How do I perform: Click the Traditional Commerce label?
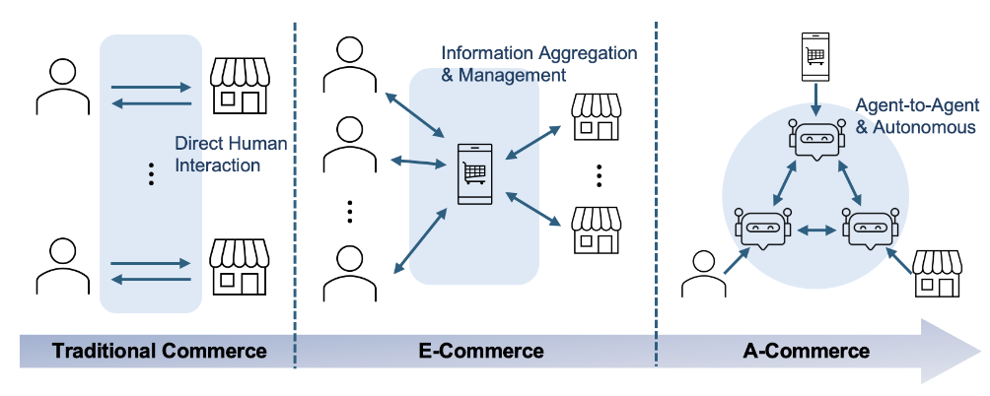point(159,351)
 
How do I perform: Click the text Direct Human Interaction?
point(231,155)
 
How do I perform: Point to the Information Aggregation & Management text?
point(538,62)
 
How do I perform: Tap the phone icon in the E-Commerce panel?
point(474,173)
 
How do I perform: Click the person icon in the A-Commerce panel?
point(703,274)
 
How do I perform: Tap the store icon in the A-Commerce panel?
point(937,273)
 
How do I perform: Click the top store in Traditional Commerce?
point(241,86)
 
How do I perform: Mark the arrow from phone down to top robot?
point(816,99)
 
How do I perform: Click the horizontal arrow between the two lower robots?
point(816,230)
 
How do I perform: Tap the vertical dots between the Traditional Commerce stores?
point(151,173)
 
